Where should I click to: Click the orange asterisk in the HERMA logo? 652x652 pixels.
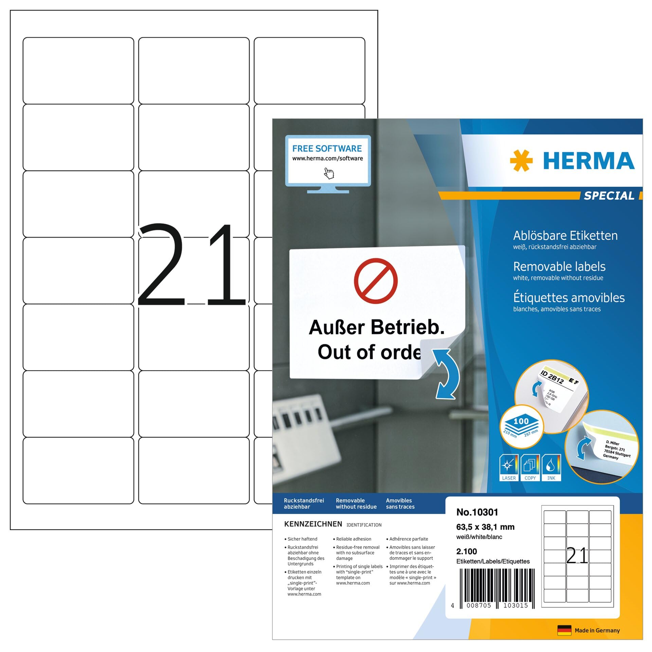(x=521, y=160)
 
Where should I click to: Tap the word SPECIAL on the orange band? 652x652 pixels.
(x=609, y=196)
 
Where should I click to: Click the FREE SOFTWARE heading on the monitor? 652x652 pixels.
(x=327, y=148)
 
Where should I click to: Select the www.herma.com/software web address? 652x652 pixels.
(x=327, y=158)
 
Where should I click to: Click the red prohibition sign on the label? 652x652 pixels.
(x=376, y=281)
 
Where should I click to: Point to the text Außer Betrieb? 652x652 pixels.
(x=377, y=327)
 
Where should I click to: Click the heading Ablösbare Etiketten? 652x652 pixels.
(x=565, y=235)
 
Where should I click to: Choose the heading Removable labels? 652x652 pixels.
(x=559, y=267)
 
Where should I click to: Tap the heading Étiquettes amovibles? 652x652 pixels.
(x=569, y=298)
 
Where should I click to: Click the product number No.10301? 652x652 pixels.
(x=477, y=512)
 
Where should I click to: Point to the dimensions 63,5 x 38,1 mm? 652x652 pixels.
(x=485, y=527)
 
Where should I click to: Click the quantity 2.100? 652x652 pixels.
(x=467, y=551)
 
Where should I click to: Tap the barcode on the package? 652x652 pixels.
(x=497, y=587)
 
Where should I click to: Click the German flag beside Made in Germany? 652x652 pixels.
(x=564, y=630)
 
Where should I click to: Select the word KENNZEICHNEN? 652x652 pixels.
(x=313, y=524)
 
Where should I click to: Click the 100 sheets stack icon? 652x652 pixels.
(x=521, y=426)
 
